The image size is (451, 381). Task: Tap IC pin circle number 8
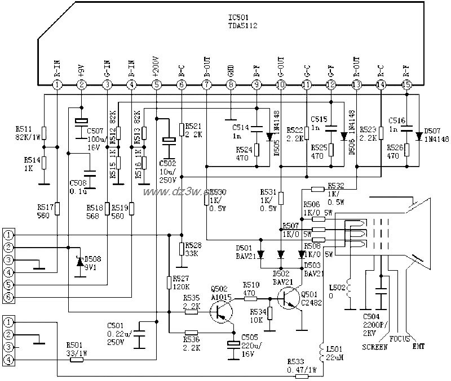tap(231, 84)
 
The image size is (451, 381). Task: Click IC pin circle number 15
tap(406, 84)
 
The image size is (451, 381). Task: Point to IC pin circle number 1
tap(56, 84)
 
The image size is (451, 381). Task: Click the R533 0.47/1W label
tap(302, 365)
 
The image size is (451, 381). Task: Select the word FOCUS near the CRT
tap(400, 339)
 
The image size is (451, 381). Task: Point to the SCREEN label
tap(375, 347)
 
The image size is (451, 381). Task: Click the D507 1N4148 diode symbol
tap(418, 137)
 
